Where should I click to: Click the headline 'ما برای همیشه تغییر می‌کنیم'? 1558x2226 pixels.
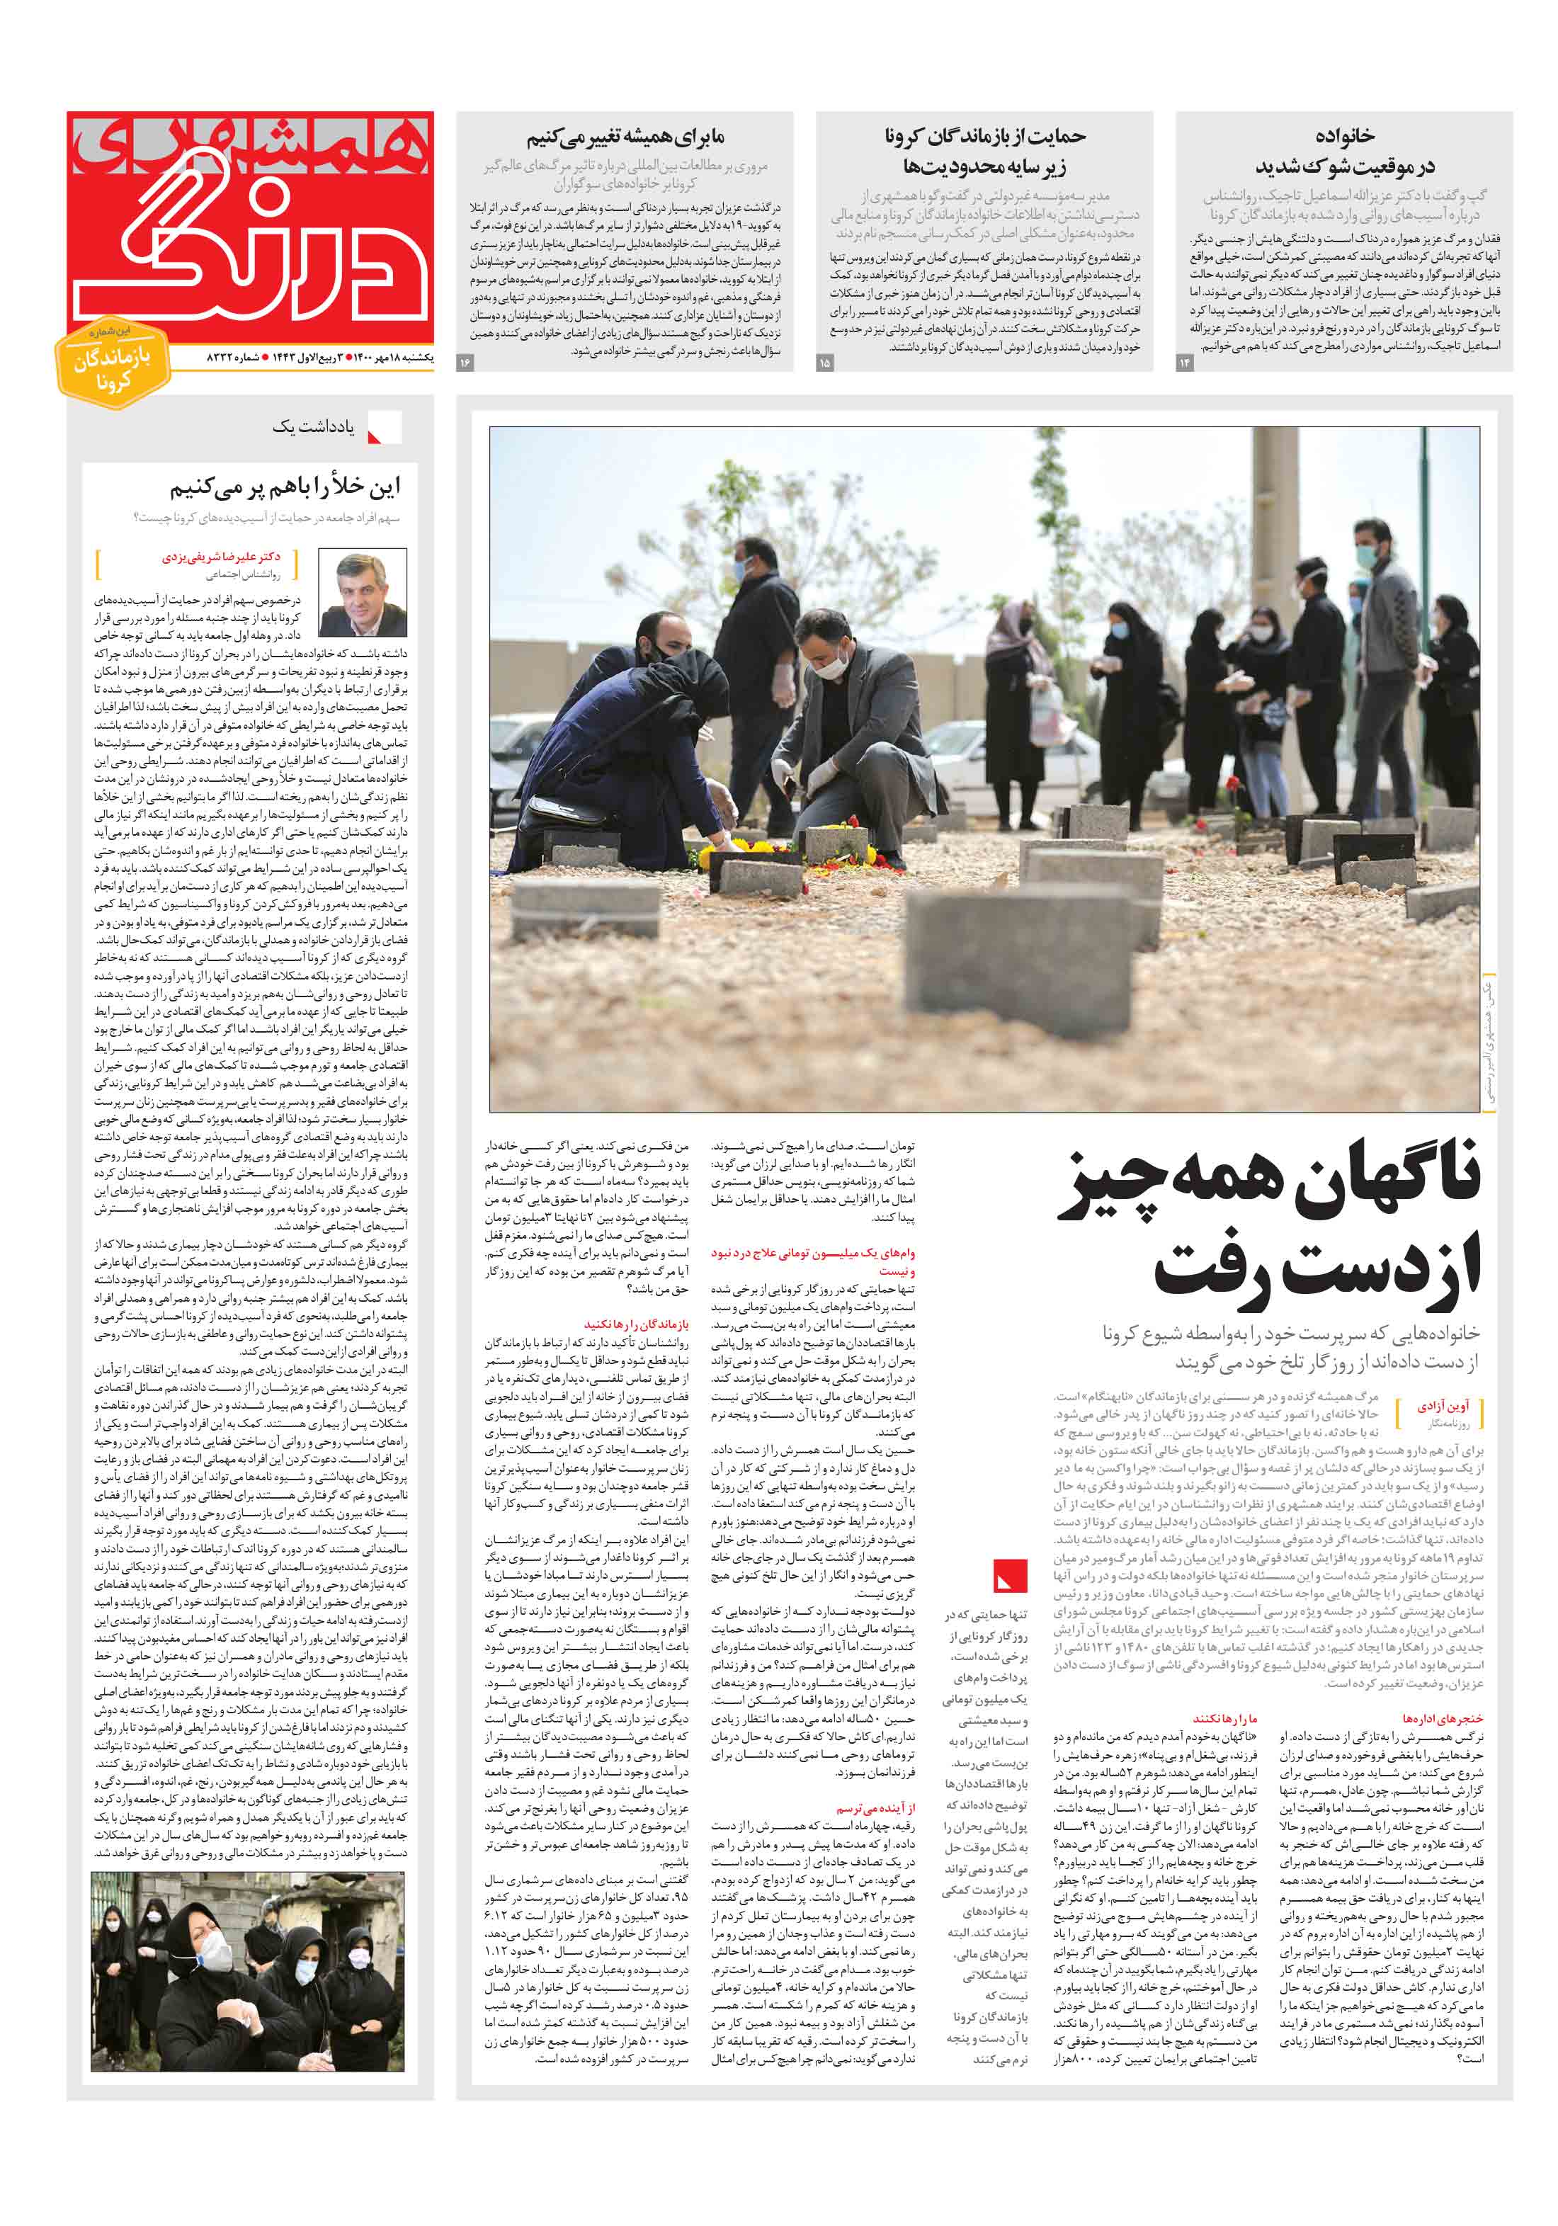point(625,137)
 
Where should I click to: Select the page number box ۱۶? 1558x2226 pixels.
point(465,363)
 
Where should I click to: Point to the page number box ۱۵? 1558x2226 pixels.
point(824,363)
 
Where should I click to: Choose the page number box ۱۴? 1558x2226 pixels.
point(1184,363)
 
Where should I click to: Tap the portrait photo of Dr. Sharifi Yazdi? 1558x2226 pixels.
point(363,592)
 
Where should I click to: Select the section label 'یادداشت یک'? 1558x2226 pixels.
point(312,426)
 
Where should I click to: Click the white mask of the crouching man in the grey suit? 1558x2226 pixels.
point(827,665)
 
